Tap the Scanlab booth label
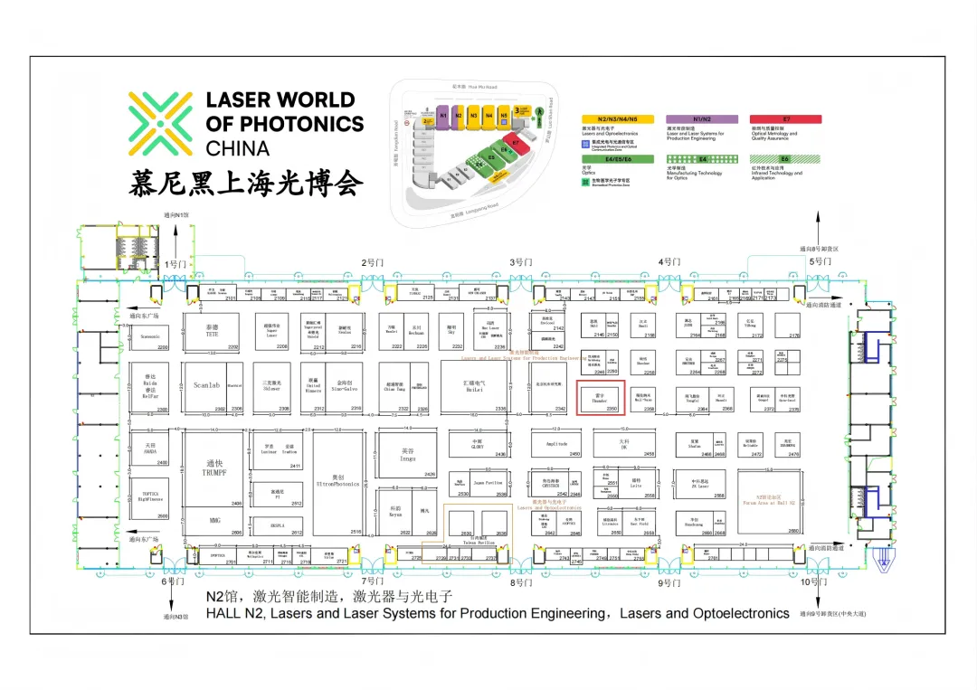pyautogui.click(x=206, y=385)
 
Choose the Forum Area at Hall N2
pyautogui.click(x=768, y=501)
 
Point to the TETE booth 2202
pyautogui.click(x=213, y=332)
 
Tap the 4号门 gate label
pyautogui.click(x=669, y=262)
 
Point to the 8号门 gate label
pyautogui.click(x=519, y=582)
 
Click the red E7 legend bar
pyautogui.click(x=785, y=119)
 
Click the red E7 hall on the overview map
pyautogui.click(x=516, y=144)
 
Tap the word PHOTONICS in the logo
pyautogui.click(x=284, y=124)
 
